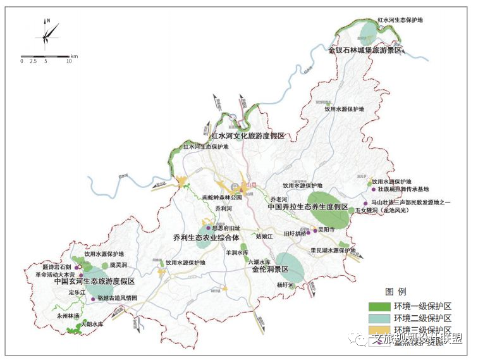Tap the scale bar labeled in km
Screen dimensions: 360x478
point(45,56)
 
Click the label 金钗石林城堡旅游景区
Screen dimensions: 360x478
point(365,49)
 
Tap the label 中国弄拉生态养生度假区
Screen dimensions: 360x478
point(308,207)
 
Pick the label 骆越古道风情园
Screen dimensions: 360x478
point(118,298)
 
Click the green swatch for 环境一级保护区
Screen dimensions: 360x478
point(379,306)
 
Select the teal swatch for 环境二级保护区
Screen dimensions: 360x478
point(379,318)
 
